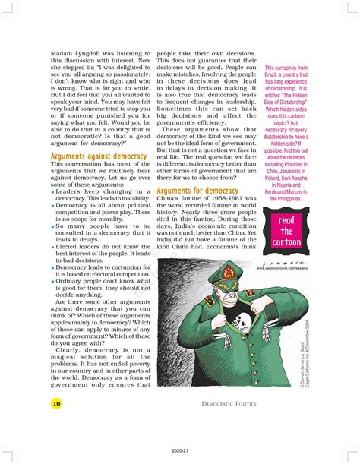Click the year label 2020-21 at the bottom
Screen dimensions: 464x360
[x=179, y=450]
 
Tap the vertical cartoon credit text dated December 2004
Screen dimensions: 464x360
[x=301, y=346]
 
